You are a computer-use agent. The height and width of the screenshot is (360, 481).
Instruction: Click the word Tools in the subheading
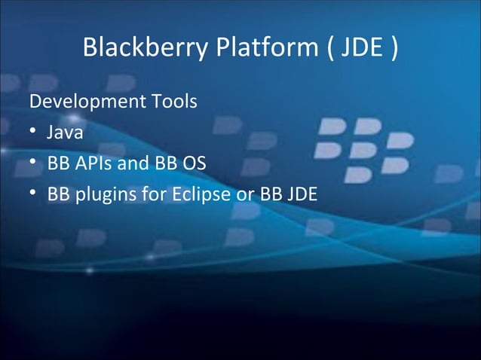coord(173,101)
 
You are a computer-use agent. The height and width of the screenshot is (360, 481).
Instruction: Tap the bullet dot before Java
coord(33,133)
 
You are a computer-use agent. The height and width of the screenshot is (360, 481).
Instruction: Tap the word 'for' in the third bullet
coord(153,194)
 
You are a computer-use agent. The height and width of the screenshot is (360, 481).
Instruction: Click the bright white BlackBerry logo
coord(364,149)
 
